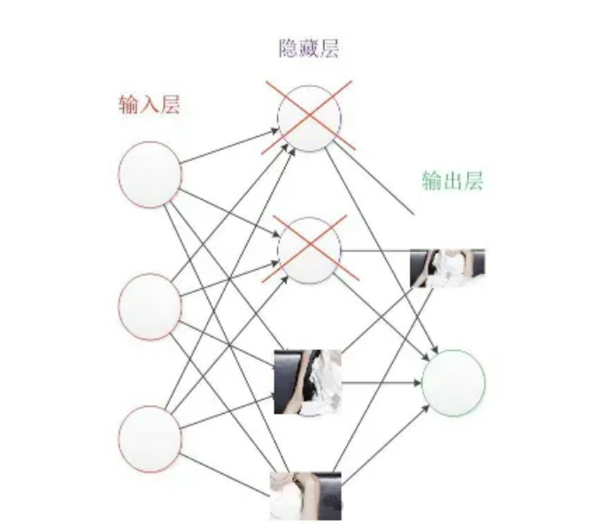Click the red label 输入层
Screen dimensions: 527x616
point(150,104)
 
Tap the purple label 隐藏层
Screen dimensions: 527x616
point(309,48)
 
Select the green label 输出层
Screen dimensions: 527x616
point(452,181)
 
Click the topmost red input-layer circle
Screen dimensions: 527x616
point(150,174)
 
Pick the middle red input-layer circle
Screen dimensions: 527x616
point(150,306)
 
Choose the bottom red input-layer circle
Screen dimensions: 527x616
point(150,438)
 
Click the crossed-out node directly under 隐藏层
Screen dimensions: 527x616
point(309,118)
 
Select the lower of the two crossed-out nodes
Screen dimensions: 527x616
point(309,250)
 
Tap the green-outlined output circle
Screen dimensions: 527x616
point(454,383)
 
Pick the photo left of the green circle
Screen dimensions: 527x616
point(307,382)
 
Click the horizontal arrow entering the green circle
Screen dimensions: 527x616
point(381,383)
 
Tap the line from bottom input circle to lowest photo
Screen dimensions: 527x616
point(226,467)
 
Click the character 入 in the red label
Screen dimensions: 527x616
point(150,104)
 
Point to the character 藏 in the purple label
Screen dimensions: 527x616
point(309,48)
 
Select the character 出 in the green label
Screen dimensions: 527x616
point(452,181)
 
